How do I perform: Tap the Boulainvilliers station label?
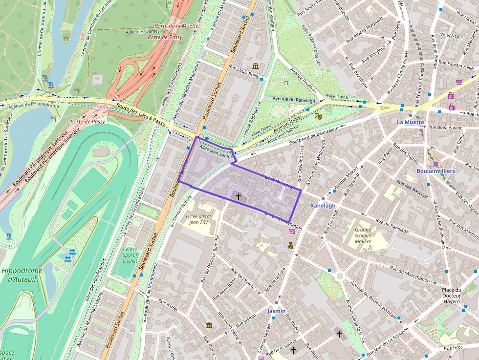pyautogui.click(x=435, y=171)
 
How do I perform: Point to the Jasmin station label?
pyautogui.click(x=276, y=311)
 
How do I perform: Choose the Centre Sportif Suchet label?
pyautogui.click(x=130, y=255)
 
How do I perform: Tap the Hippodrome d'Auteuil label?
pyautogui.click(x=22, y=275)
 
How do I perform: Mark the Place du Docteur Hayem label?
pyautogui.click(x=451, y=296)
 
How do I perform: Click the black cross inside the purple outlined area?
pyautogui.click(x=239, y=197)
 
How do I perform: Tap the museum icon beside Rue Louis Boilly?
pyautogui.click(x=256, y=66)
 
